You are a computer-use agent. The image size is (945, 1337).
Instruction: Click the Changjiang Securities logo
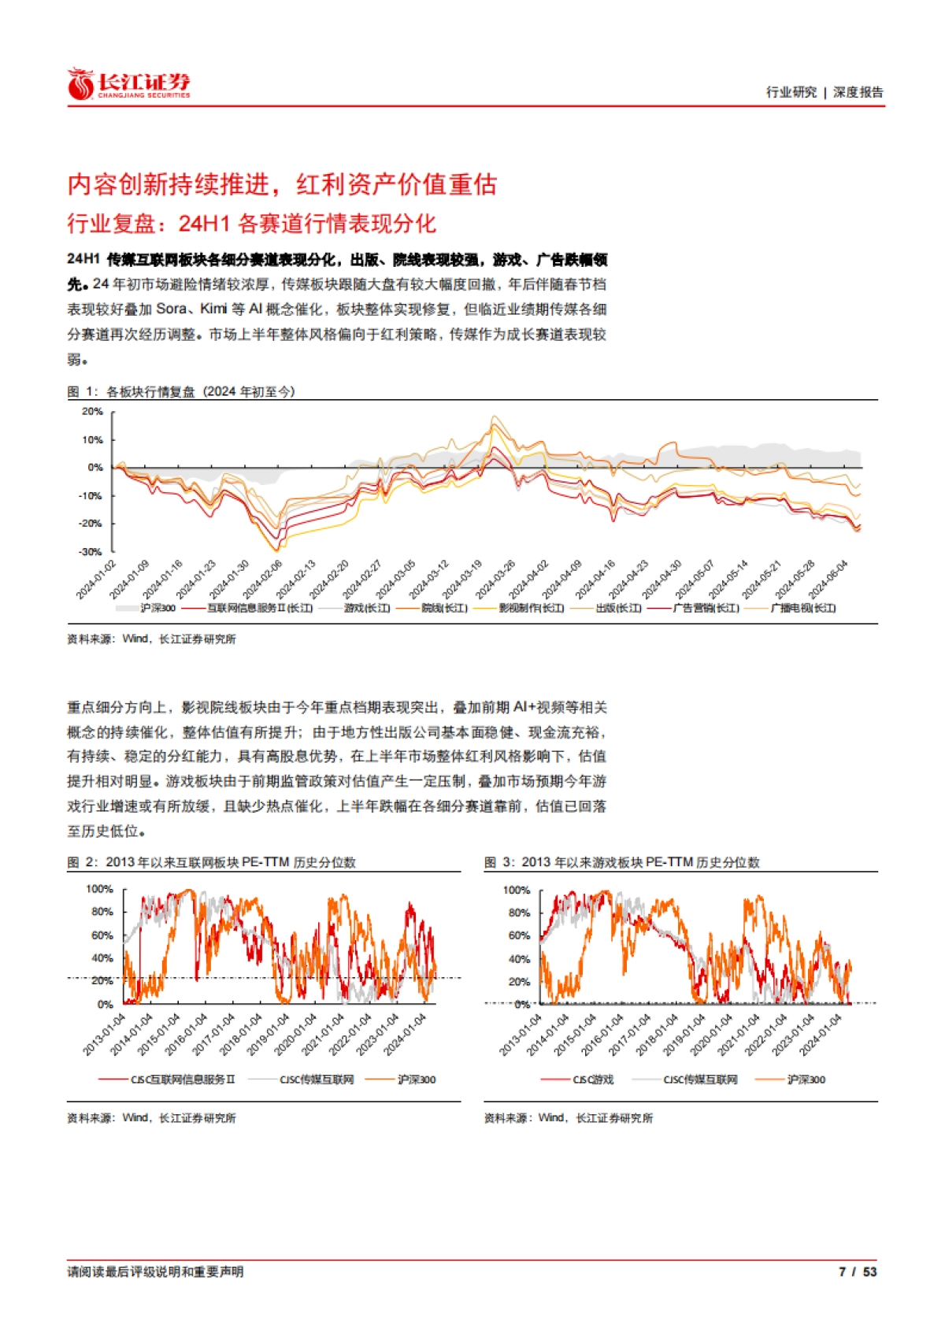(129, 84)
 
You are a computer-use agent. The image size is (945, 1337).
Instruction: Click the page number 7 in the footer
(843, 1272)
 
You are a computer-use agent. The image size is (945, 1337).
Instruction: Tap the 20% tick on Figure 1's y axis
(93, 412)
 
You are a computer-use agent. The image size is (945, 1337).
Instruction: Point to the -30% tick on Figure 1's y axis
(92, 552)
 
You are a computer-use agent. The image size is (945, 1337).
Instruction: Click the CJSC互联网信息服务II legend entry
(182, 1080)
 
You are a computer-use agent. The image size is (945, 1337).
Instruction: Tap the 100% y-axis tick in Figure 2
(100, 889)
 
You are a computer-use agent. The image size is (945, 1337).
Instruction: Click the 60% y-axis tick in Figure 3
(519, 935)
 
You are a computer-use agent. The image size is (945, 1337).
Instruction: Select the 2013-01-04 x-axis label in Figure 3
(521, 1034)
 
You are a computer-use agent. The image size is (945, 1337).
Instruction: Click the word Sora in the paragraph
(172, 309)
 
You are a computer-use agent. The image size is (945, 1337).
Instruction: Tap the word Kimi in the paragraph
(213, 309)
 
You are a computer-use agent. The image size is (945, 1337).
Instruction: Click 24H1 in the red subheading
(203, 224)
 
